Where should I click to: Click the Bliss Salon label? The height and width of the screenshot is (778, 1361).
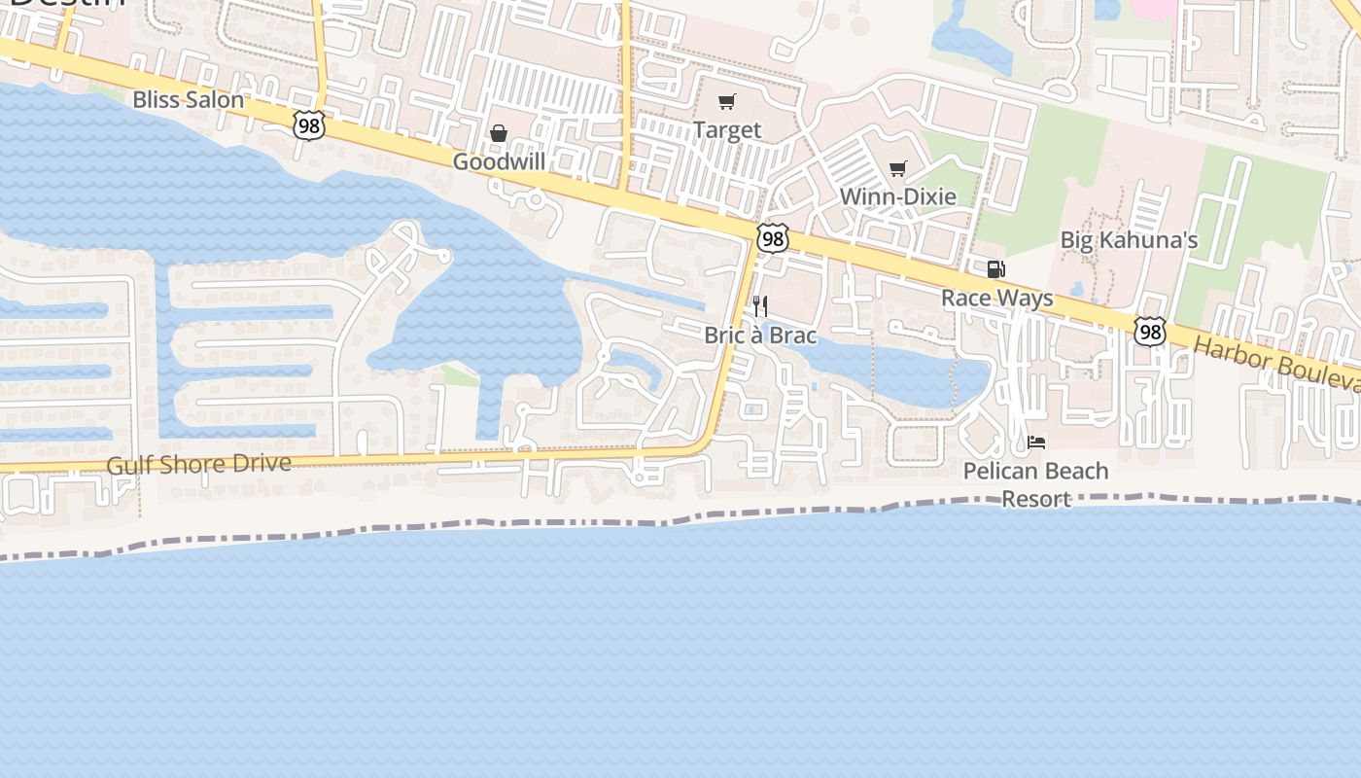[x=188, y=99]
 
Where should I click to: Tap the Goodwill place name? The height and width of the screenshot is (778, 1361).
[x=499, y=161]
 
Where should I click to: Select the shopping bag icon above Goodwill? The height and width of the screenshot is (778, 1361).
[x=499, y=133]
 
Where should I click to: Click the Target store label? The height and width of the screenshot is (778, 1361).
[x=727, y=129]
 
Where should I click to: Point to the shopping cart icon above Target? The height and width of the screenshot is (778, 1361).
[x=727, y=102]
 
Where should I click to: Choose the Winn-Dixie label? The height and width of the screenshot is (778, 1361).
[x=897, y=196]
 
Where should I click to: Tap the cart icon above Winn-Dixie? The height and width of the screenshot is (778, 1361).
[x=897, y=169]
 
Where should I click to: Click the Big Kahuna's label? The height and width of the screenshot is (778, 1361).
[x=1128, y=239]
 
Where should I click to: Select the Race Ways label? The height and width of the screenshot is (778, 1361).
[x=996, y=298]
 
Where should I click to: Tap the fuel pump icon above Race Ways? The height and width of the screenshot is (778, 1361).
[x=995, y=269]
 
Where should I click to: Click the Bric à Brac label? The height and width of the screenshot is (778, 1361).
[x=760, y=336]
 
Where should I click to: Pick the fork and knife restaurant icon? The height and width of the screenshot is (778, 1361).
[x=760, y=306]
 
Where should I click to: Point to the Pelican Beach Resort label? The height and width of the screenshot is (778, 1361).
[x=1035, y=484]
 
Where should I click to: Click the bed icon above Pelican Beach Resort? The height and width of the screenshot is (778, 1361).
[x=1036, y=442]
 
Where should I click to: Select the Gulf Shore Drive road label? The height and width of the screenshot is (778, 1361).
[x=199, y=464]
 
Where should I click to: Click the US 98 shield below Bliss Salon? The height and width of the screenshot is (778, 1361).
[x=307, y=124]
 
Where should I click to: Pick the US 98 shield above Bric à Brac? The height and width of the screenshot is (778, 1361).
[x=773, y=238]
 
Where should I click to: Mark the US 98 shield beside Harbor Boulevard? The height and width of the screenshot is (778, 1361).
[x=1150, y=332]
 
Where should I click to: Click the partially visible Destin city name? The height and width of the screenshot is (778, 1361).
[x=68, y=4]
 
